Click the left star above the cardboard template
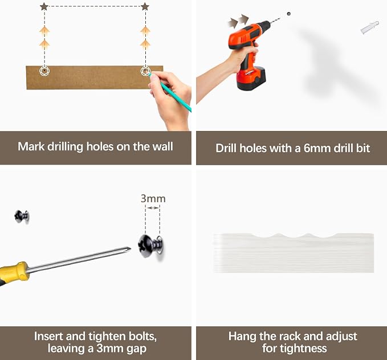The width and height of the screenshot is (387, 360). [44, 6]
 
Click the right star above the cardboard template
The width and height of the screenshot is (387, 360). [145, 6]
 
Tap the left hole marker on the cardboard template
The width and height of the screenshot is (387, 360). [44, 71]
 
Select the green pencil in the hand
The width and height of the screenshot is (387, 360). [170, 92]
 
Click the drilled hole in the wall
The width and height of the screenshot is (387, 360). [288, 14]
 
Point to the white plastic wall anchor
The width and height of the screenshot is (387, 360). [369, 28]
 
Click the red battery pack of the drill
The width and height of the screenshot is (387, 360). [251, 79]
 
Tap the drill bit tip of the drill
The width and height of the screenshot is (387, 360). [280, 18]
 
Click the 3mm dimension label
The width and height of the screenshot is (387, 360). [153, 199]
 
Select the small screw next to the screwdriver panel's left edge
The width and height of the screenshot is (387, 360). [22, 216]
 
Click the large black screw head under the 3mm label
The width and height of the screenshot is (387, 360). [145, 246]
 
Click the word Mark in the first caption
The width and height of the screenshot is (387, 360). [31, 146]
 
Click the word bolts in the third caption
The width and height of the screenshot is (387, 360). [142, 336]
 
